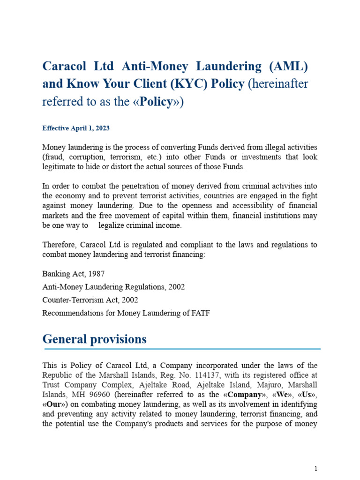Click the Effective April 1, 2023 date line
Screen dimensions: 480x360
click(x=76, y=128)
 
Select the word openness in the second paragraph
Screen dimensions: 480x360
click(x=205, y=206)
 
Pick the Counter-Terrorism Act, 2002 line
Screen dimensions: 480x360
click(x=90, y=300)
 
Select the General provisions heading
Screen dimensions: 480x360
click(x=94, y=339)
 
